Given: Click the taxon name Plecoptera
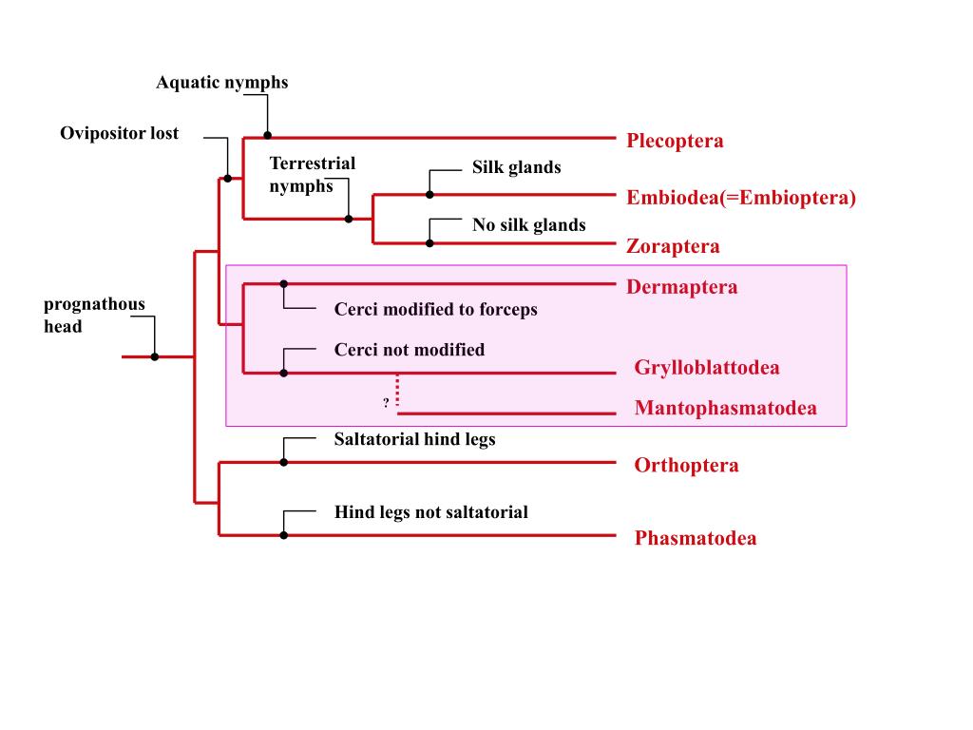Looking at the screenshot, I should tap(675, 142).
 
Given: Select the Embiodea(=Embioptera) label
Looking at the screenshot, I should tap(741, 198).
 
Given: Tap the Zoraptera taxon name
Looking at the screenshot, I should tap(673, 247).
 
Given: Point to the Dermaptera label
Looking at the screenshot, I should tap(681, 287).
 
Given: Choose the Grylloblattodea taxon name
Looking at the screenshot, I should tap(707, 368).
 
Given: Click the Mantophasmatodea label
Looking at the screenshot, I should tap(725, 409).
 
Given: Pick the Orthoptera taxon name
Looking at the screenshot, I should tap(686, 466).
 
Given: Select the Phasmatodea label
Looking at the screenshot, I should tap(696, 539).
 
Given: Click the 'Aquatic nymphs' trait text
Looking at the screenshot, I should tap(222, 83).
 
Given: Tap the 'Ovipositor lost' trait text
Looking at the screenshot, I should tap(119, 133).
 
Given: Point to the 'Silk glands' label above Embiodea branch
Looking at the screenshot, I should tap(517, 168).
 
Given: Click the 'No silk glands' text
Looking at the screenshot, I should tap(529, 225).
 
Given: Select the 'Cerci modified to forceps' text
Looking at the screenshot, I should tap(435, 310).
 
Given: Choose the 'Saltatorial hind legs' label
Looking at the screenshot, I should tap(414, 439).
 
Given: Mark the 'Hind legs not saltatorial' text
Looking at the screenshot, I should tap(430, 512).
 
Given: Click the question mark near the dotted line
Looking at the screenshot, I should tap(386, 403).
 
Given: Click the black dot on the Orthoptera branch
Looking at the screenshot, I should tap(283, 462).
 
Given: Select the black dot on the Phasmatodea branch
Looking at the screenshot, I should tap(283, 535).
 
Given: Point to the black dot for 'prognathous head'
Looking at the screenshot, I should tap(155, 356).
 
